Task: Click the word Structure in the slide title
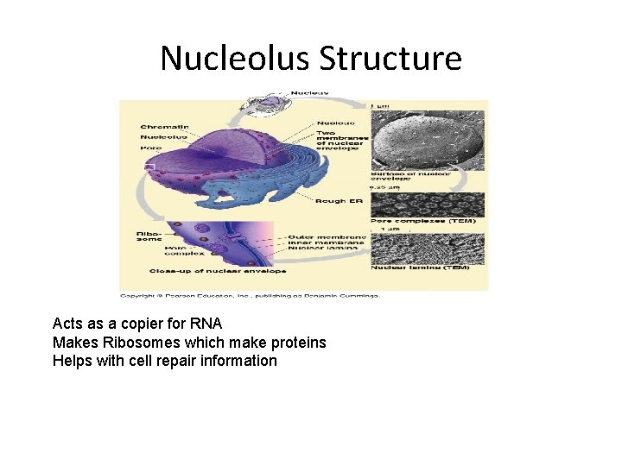390,59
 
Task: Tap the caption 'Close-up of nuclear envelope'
217,271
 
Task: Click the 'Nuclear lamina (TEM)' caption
420,268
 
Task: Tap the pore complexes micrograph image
427,204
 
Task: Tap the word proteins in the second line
299,343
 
